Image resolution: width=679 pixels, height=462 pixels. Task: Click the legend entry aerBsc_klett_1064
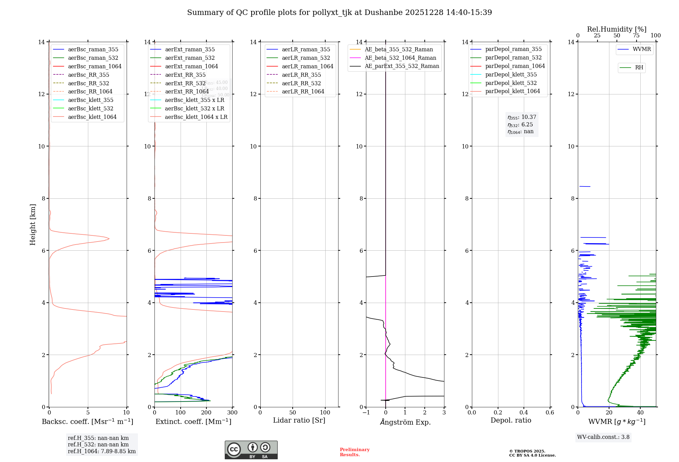tap(92, 117)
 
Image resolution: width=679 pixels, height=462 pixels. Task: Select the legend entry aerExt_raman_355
tap(190, 50)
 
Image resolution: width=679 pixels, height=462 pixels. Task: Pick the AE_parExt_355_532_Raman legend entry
tap(402, 66)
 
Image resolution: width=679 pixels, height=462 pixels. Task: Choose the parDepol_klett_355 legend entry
tap(511, 74)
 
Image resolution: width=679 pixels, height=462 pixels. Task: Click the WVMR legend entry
tap(642, 49)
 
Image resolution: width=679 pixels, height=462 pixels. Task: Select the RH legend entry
tap(639, 68)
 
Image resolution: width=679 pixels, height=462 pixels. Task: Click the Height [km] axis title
tap(33, 225)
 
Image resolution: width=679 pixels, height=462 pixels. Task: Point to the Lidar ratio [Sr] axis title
tap(299, 420)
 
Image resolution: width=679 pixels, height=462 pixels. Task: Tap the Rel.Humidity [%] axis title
tap(617, 29)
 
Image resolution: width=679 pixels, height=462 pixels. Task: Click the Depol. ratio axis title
tap(511, 420)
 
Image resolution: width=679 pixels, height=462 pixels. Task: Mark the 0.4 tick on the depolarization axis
tap(524, 413)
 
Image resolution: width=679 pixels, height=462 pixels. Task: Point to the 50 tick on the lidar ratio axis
tap(293, 413)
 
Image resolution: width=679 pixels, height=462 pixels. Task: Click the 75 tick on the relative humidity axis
tap(636, 36)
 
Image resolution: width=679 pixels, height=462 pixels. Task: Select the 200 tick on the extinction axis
tap(206, 413)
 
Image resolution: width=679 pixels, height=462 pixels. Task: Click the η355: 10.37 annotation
tap(522, 117)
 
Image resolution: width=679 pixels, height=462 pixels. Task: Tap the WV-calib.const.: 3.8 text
tap(603, 437)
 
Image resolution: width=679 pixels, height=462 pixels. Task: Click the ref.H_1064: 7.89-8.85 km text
tap(102, 451)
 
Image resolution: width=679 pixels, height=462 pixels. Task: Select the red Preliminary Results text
tap(354, 452)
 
